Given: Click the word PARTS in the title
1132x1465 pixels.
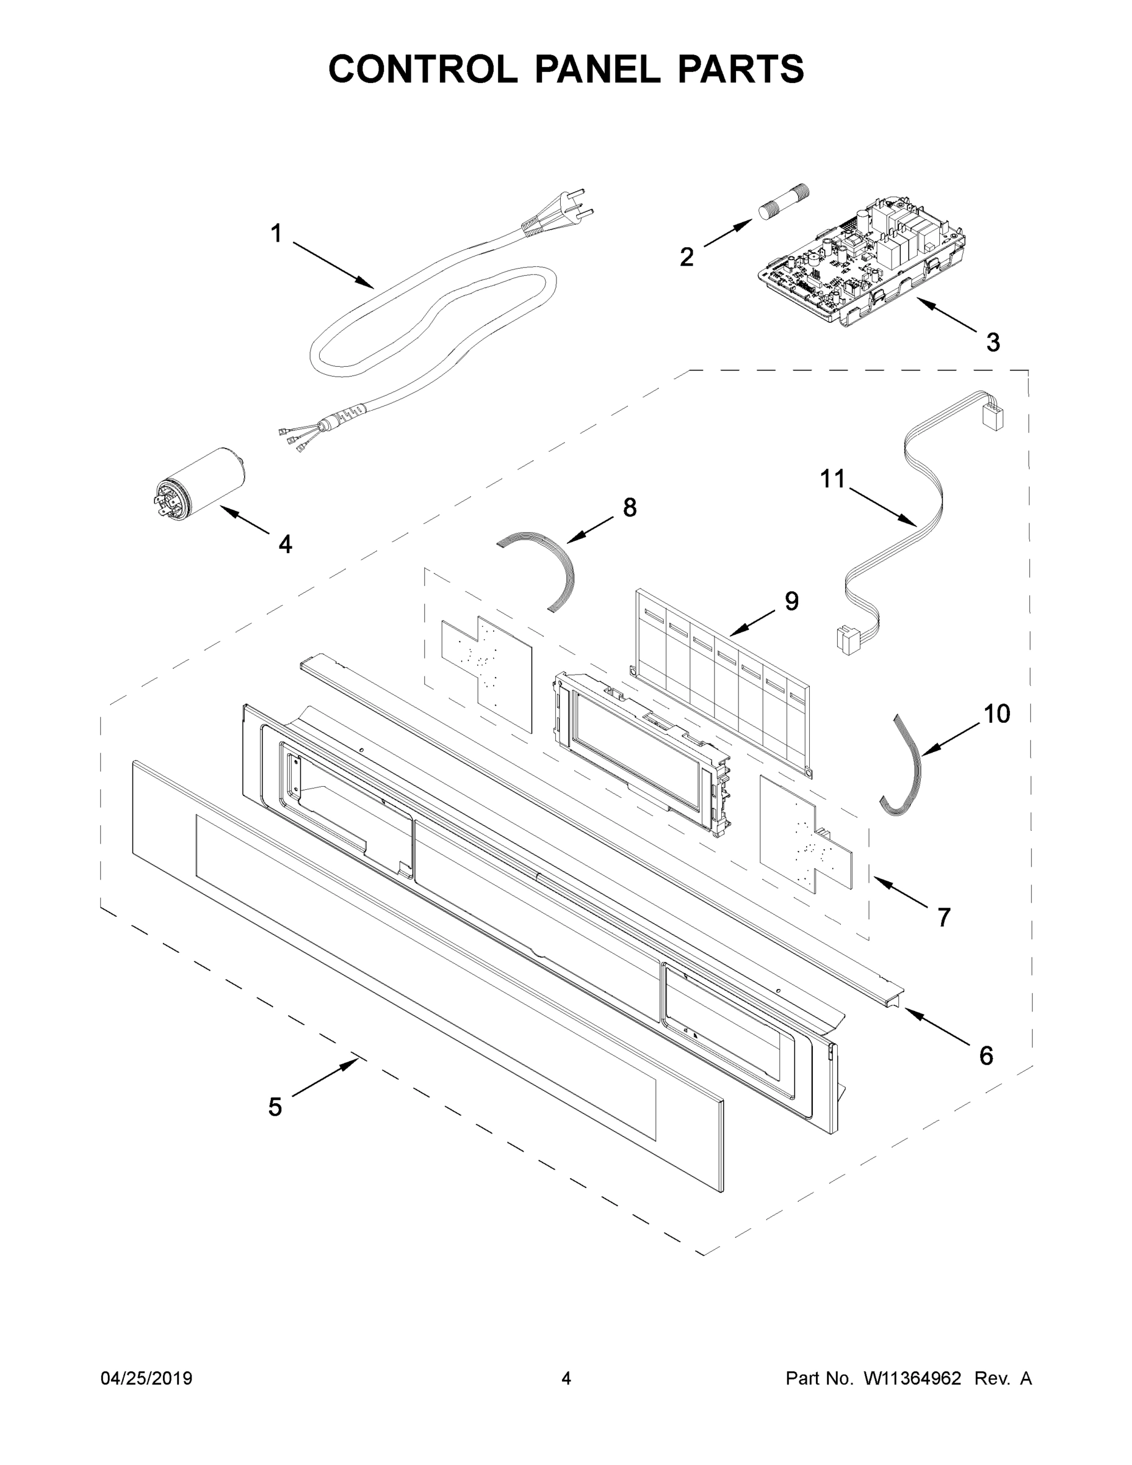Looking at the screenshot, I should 740,69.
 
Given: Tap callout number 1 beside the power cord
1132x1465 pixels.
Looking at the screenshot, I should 276,234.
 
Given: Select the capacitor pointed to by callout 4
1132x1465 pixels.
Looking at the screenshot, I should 198,482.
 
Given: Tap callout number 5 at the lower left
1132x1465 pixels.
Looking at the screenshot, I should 275,1107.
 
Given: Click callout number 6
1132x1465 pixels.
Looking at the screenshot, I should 986,1056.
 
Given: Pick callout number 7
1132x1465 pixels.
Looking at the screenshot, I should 943,917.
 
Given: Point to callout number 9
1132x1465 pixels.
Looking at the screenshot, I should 791,602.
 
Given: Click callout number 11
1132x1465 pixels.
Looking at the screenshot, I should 833,480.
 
